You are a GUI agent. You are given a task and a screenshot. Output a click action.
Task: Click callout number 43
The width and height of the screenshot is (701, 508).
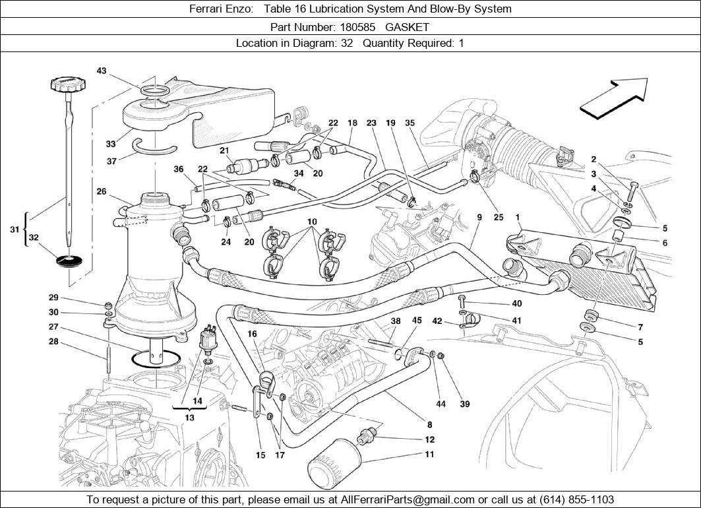point(101,71)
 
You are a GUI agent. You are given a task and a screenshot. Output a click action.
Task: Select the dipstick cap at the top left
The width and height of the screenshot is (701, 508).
point(69,84)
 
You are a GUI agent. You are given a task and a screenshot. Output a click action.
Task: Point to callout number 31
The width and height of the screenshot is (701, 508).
point(14,229)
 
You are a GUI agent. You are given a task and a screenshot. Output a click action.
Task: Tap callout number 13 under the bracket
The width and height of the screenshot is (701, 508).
point(190,418)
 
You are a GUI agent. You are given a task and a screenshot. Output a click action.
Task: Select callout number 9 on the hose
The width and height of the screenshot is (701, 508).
point(479,217)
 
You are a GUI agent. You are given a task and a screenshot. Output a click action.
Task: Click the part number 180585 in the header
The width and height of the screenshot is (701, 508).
point(359,27)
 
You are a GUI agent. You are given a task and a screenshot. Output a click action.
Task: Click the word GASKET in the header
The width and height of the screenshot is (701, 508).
point(407,27)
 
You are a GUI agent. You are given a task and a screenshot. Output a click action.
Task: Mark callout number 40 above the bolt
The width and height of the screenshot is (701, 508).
point(516,303)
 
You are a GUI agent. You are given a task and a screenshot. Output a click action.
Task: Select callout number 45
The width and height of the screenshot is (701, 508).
point(417,321)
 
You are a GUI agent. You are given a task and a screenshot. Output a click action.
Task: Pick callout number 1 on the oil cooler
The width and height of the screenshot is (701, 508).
point(518,217)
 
